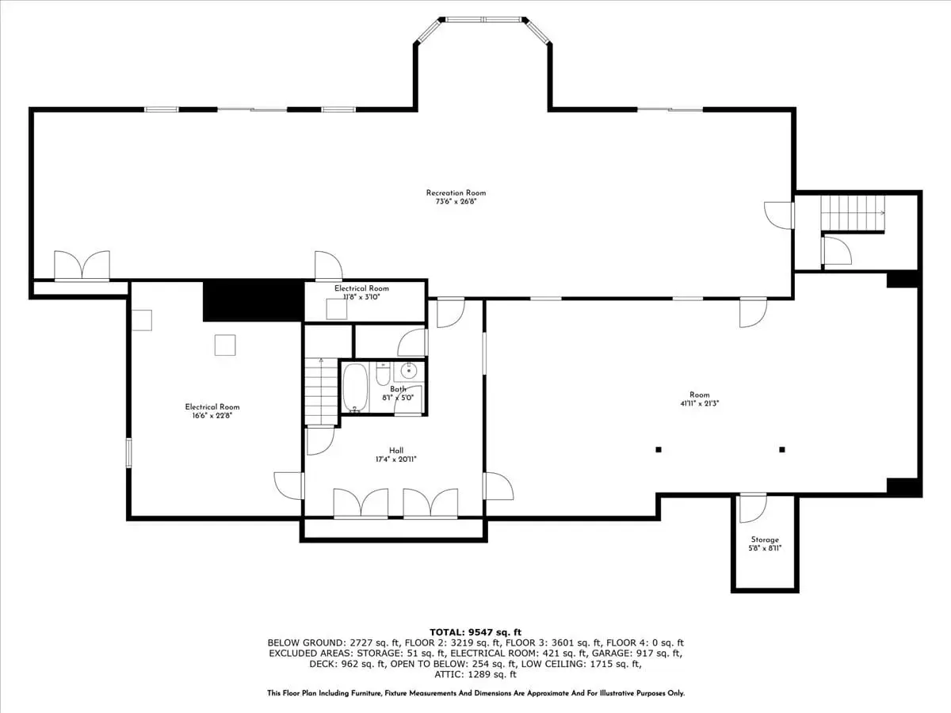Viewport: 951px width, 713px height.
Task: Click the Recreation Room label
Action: (456, 193)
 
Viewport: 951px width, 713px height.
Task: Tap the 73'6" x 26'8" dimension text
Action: (456, 202)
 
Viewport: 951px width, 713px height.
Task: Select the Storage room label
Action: (765, 540)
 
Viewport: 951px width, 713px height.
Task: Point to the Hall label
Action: (396, 450)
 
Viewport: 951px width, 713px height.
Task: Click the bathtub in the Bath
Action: (355, 387)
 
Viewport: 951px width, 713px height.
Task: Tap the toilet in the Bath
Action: (383, 374)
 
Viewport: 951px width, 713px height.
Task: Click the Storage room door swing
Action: (753, 509)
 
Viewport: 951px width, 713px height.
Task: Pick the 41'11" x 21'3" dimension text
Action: (699, 403)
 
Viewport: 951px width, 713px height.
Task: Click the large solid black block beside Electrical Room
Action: (254, 300)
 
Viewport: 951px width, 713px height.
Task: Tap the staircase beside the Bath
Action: (321, 392)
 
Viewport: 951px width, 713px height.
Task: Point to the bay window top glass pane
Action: (483, 20)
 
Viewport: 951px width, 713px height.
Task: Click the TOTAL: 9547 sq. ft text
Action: (475, 632)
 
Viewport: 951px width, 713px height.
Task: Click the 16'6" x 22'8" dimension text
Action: (212, 416)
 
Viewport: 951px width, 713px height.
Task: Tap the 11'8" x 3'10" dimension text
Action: (361, 297)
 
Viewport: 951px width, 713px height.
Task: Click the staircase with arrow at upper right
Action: (853, 213)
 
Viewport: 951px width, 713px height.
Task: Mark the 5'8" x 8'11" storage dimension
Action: (765, 548)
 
